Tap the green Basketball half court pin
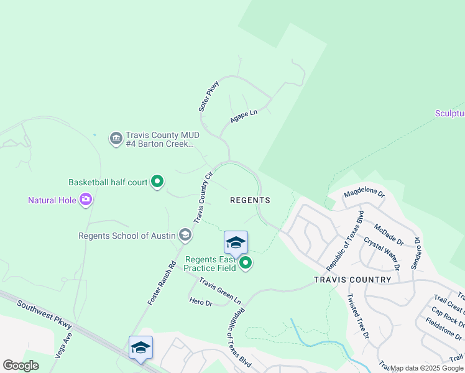coord(157,182)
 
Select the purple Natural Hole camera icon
coord(85,200)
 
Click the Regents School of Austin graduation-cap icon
coord(185,235)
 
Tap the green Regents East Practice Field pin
coord(246,264)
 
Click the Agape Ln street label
coord(244,116)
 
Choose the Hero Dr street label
coord(201,302)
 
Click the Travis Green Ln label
coord(220,290)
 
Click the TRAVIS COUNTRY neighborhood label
coord(352,280)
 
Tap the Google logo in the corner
coord(21,365)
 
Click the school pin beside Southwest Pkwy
coord(140,348)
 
